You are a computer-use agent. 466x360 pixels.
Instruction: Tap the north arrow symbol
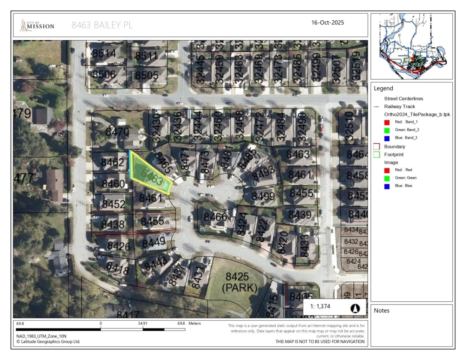355,309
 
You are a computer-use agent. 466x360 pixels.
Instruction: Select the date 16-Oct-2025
327,23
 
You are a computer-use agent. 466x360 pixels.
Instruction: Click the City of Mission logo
38,26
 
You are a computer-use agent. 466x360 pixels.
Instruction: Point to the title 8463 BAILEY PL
102,26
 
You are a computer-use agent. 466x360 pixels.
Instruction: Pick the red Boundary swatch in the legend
376,147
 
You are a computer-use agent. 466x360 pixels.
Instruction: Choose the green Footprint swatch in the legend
376,155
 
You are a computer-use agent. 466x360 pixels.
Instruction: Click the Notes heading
382,311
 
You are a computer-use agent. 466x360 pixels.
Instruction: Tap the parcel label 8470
117,132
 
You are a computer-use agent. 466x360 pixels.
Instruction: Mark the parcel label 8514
104,52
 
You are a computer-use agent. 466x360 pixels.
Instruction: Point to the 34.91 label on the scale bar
143,323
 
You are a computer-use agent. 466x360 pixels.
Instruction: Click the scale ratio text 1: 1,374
320,306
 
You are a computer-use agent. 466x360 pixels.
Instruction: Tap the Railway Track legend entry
400,106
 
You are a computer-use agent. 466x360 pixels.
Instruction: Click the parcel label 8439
300,215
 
